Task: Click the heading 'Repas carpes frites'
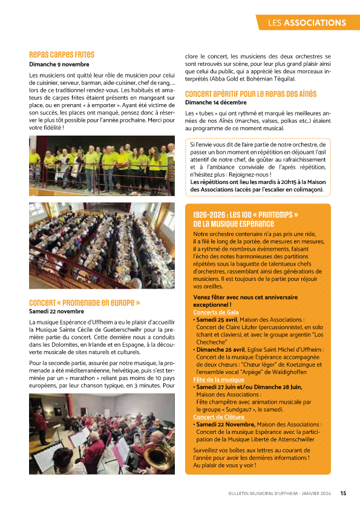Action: tap(62, 54)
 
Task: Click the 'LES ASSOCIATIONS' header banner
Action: tap(307, 23)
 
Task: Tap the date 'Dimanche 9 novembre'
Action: tap(59, 64)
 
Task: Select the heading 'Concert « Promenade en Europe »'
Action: tap(85, 302)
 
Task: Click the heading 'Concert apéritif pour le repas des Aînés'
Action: tap(250, 94)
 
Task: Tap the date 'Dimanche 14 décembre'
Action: tap(216, 102)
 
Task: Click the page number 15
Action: tap(343, 493)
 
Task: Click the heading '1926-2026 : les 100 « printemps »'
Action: tap(246, 215)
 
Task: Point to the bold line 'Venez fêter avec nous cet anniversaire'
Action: tap(245, 297)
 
